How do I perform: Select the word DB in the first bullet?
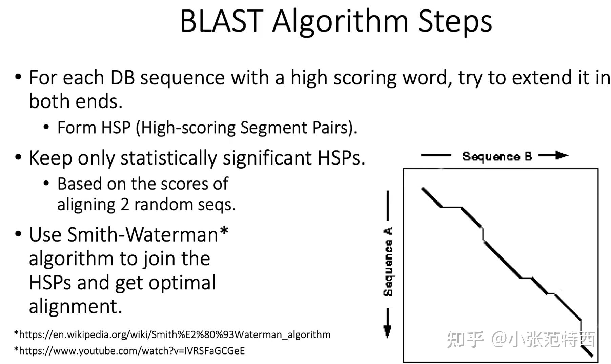(123, 78)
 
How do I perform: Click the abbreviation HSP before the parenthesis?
(116, 128)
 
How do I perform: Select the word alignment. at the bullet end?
(75, 306)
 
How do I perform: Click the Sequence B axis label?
(497, 156)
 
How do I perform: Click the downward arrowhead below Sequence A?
(387, 331)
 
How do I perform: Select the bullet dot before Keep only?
(18, 158)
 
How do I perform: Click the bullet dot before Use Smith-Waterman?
(18, 234)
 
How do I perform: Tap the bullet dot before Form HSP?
(46, 128)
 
